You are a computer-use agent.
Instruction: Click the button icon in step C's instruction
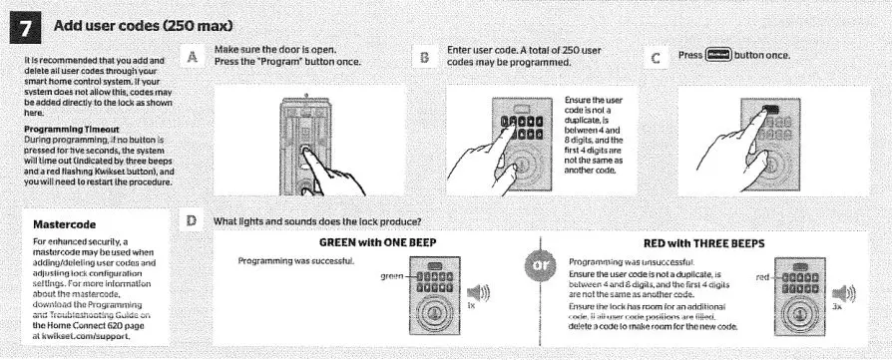pyautogui.click(x=716, y=57)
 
